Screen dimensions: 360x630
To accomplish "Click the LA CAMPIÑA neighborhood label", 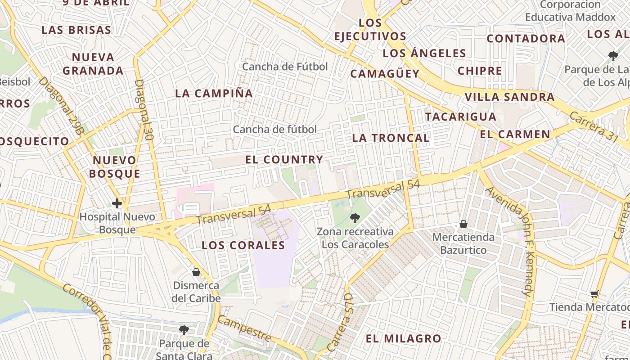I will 214,94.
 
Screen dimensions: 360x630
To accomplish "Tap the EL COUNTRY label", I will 284,160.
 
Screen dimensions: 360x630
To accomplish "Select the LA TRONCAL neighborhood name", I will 391,138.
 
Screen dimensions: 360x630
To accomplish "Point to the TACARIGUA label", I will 461,117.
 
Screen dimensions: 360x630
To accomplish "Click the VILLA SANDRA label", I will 509,97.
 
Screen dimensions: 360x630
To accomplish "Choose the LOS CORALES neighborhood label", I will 243,246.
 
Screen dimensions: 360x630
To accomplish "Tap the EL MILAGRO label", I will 403,339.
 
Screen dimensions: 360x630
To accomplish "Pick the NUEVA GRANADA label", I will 93,64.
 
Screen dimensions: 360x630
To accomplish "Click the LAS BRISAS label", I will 76,30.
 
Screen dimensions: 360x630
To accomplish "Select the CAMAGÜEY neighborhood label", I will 385,74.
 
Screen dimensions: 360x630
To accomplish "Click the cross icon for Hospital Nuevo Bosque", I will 117,203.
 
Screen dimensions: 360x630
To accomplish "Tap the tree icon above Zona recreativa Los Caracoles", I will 355,218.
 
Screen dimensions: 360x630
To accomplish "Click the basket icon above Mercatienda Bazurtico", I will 463,224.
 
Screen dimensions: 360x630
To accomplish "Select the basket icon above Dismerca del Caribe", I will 196,272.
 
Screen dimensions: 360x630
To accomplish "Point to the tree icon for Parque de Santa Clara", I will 184,330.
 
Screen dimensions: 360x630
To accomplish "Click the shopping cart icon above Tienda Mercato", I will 594,294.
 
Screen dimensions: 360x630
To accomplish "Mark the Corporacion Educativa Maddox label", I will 570,11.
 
